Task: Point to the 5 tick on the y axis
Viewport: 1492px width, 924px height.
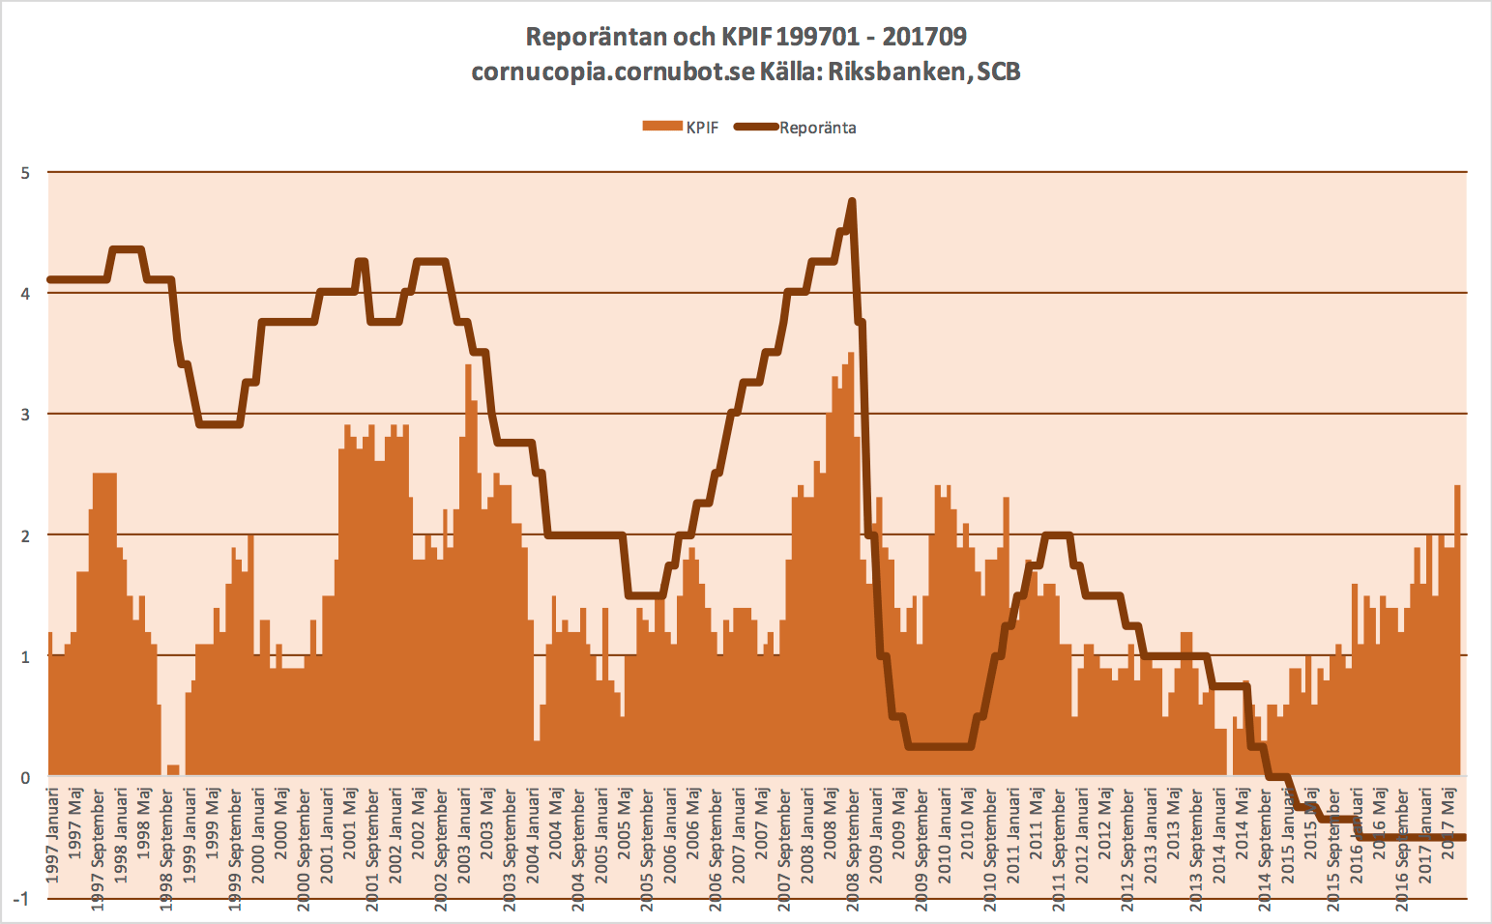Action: [x=26, y=173]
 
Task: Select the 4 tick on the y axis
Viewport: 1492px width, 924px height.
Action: [x=26, y=294]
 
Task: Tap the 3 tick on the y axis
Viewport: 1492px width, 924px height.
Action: [x=26, y=415]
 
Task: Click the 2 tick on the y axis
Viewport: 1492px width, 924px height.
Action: [x=26, y=535]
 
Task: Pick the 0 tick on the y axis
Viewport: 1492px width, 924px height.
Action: [x=26, y=777]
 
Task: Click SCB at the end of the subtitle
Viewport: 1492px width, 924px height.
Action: [x=999, y=72]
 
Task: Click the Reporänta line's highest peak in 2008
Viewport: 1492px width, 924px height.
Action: [x=852, y=201]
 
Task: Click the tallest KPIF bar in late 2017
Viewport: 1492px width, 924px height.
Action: [x=1457, y=486]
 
